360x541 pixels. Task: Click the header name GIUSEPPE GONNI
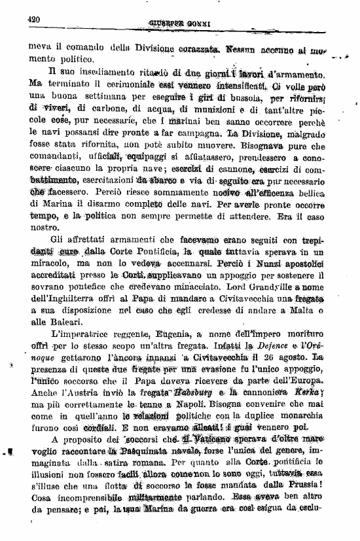177,25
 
